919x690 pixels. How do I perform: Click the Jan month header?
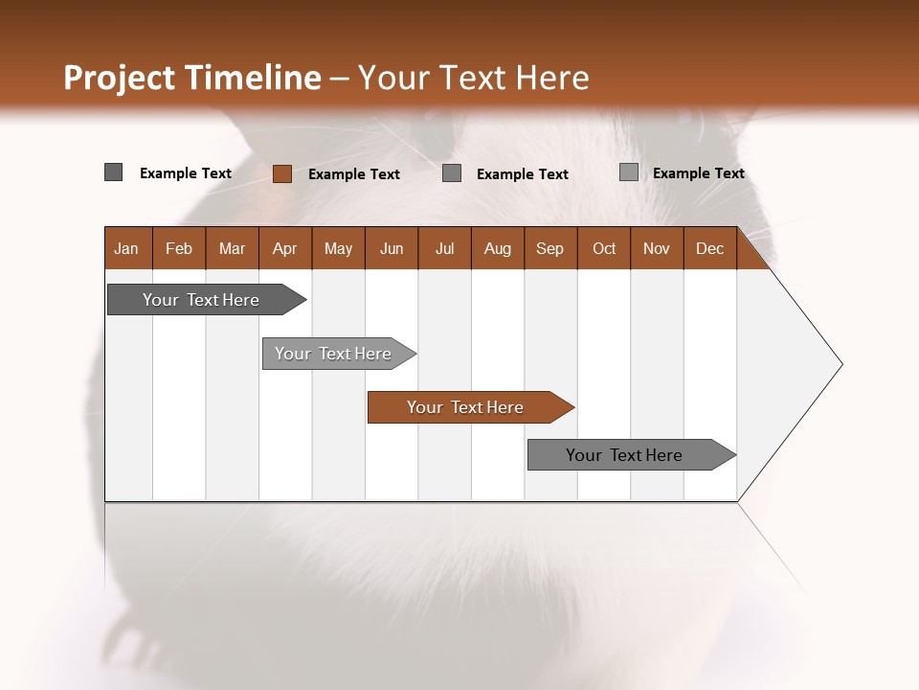pos(126,249)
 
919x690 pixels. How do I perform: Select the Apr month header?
pos(284,249)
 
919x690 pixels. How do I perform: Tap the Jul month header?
pos(444,249)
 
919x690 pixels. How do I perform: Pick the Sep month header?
pos(549,249)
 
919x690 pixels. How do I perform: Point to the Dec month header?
pos(709,249)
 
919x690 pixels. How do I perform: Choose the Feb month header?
pos(179,249)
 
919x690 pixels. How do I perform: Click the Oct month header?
pos(604,249)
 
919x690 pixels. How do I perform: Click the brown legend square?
pos(282,173)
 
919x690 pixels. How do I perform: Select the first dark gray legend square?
pos(114,172)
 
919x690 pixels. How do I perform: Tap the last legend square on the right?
pos(629,172)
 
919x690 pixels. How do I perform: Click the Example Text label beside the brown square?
pos(354,174)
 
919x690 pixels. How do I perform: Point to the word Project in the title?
pos(120,78)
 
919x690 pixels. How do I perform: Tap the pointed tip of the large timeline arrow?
pos(840,364)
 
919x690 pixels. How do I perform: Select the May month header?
pos(338,249)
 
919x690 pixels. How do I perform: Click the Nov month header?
pos(657,249)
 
